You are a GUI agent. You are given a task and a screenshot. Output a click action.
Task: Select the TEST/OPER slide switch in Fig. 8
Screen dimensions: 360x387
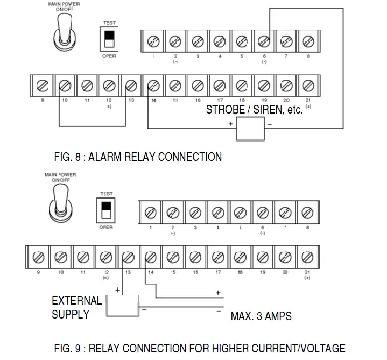(x=109, y=39)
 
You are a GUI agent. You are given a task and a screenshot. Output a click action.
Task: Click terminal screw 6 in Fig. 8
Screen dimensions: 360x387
(x=264, y=41)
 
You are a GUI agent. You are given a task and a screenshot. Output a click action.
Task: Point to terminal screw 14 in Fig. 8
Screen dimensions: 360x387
(x=153, y=86)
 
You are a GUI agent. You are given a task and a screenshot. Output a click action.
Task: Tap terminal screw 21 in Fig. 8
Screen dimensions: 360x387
(x=308, y=86)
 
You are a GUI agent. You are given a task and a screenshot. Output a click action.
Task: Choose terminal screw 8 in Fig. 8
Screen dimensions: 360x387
(x=308, y=41)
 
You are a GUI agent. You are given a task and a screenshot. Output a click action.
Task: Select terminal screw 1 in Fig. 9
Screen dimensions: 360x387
(x=151, y=212)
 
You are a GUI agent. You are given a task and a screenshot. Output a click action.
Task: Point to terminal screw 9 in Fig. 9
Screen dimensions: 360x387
(x=38, y=256)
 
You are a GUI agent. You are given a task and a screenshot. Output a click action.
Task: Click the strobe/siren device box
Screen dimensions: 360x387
(x=251, y=128)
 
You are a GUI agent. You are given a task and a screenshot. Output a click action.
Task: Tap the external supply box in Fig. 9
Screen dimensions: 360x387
(x=123, y=306)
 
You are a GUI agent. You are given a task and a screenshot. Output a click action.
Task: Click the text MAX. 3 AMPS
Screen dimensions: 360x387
(x=261, y=316)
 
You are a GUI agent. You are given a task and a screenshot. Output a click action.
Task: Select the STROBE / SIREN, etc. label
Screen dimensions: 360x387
(x=255, y=110)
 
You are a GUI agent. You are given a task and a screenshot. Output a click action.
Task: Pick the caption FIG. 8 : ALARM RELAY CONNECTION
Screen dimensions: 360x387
(x=138, y=157)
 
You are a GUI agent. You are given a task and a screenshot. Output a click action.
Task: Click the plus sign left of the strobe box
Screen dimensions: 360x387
(x=230, y=123)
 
